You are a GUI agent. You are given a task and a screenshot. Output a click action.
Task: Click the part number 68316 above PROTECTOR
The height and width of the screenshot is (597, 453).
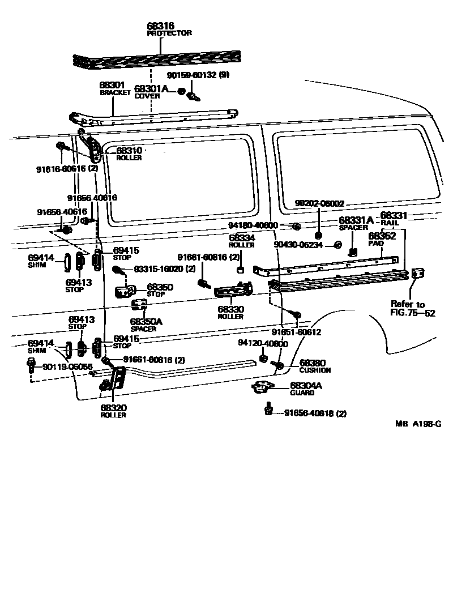160,26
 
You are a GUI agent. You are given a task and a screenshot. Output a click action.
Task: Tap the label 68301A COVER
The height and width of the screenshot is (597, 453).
151,92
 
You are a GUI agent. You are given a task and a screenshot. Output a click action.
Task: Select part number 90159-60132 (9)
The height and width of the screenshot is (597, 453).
198,75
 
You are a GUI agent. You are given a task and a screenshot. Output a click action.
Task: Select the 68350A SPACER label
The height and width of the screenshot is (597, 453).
146,325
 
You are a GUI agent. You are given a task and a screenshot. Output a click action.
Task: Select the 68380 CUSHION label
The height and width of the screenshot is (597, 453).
315,366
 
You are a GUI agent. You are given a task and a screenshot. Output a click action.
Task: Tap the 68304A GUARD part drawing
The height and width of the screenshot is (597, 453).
262,386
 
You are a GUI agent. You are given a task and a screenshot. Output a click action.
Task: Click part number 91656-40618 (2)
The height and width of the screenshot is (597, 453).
315,414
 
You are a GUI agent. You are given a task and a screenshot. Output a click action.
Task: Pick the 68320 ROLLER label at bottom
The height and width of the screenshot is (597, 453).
113,411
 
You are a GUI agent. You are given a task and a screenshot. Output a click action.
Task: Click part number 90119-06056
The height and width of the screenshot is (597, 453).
68,367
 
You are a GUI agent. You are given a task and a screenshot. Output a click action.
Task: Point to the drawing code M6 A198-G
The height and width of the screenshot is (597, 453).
418,424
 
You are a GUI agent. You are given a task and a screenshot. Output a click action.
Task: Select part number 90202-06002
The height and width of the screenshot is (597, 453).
320,204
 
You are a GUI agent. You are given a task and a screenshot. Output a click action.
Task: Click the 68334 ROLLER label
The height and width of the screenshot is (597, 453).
242,241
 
